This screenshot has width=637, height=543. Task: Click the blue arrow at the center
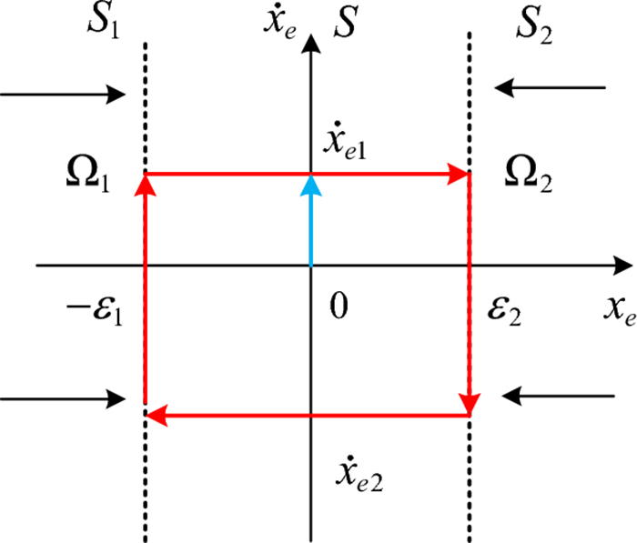311,218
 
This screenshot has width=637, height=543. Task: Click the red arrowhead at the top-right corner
460,174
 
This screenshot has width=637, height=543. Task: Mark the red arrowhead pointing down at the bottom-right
470,400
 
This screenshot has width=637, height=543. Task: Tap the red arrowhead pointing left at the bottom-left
157,417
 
